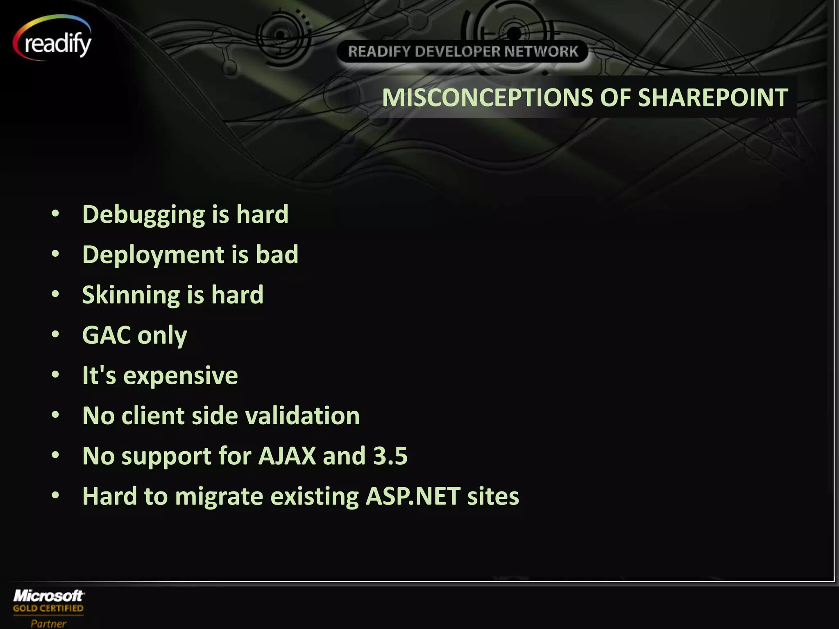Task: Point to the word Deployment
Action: [x=153, y=255]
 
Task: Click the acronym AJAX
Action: [x=287, y=455]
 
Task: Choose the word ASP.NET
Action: [x=413, y=496]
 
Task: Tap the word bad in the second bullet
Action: [x=277, y=254]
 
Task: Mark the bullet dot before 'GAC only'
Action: [x=56, y=335]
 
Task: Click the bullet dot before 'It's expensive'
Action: [x=56, y=375]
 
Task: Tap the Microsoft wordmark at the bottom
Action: [x=49, y=595]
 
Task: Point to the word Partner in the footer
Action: [x=48, y=623]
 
